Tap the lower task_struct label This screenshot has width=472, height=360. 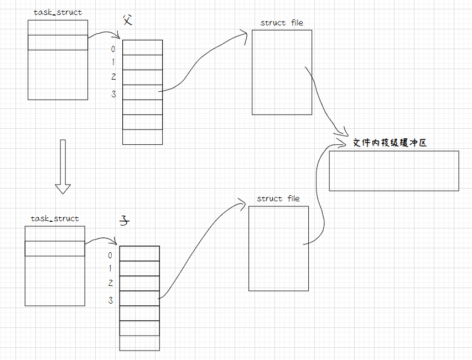point(55,218)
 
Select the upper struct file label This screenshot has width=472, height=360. point(282,23)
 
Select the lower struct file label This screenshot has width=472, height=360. point(278,199)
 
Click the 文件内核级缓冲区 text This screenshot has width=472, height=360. point(390,143)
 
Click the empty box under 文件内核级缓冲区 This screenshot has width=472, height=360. point(394,171)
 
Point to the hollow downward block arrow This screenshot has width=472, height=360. point(63,166)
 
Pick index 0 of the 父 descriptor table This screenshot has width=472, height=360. point(113,49)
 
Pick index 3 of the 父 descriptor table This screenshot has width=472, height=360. point(113,94)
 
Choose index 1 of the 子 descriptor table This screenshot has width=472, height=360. point(110,269)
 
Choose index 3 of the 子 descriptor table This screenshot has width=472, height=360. point(111,300)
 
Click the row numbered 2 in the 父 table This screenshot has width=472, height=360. point(142,77)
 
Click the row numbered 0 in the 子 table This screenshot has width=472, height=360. point(139,253)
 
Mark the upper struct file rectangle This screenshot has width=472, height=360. point(282,72)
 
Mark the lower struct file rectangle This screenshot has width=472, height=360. point(278,248)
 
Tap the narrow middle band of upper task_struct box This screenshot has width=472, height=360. point(58,42)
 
